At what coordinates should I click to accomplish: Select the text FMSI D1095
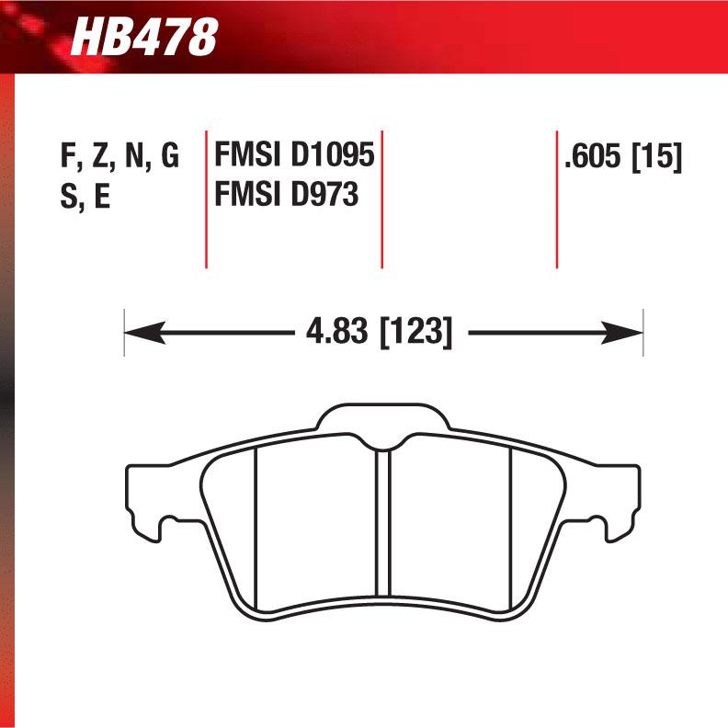coord(293,156)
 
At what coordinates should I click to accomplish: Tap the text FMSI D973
coord(285,196)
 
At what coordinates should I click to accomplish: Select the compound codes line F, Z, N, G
coord(119,157)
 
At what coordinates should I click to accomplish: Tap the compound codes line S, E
coord(85,197)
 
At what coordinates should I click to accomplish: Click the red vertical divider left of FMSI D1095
coord(205,198)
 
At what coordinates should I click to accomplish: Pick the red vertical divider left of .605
coord(557,198)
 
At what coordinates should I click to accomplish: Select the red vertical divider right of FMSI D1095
coord(381,198)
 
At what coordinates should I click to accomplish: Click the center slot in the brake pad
coord(383,524)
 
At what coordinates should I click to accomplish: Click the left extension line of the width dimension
coord(124,332)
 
